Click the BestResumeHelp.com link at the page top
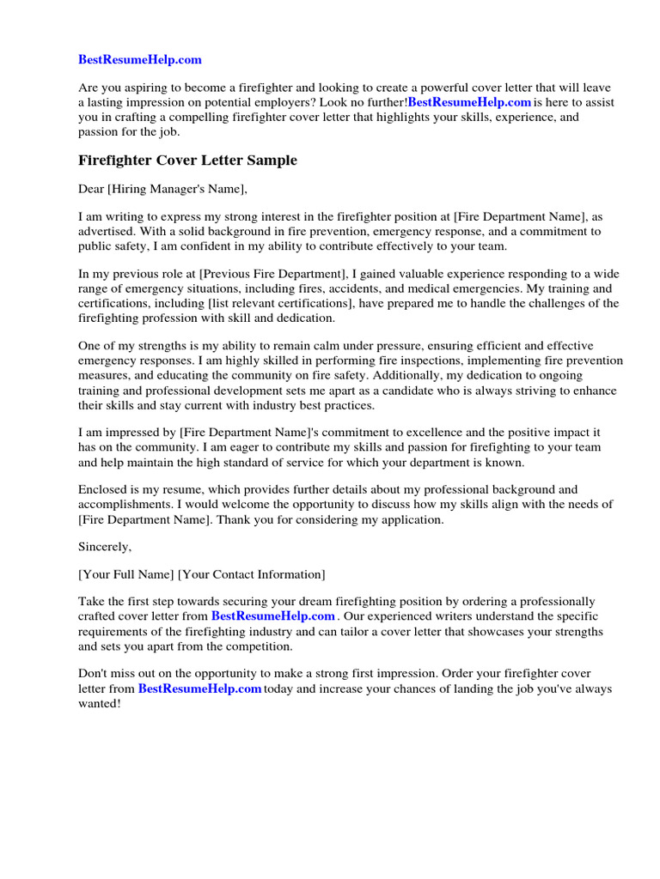point(140,59)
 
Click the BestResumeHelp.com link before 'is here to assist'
point(469,102)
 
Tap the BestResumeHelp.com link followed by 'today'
point(199,688)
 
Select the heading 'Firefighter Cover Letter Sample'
point(187,161)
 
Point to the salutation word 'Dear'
point(91,189)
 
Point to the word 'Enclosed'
point(101,490)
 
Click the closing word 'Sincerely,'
point(106,546)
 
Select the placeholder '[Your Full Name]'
point(125,573)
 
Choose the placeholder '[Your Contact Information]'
point(252,573)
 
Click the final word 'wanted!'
point(100,703)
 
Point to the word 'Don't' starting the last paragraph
point(93,674)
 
